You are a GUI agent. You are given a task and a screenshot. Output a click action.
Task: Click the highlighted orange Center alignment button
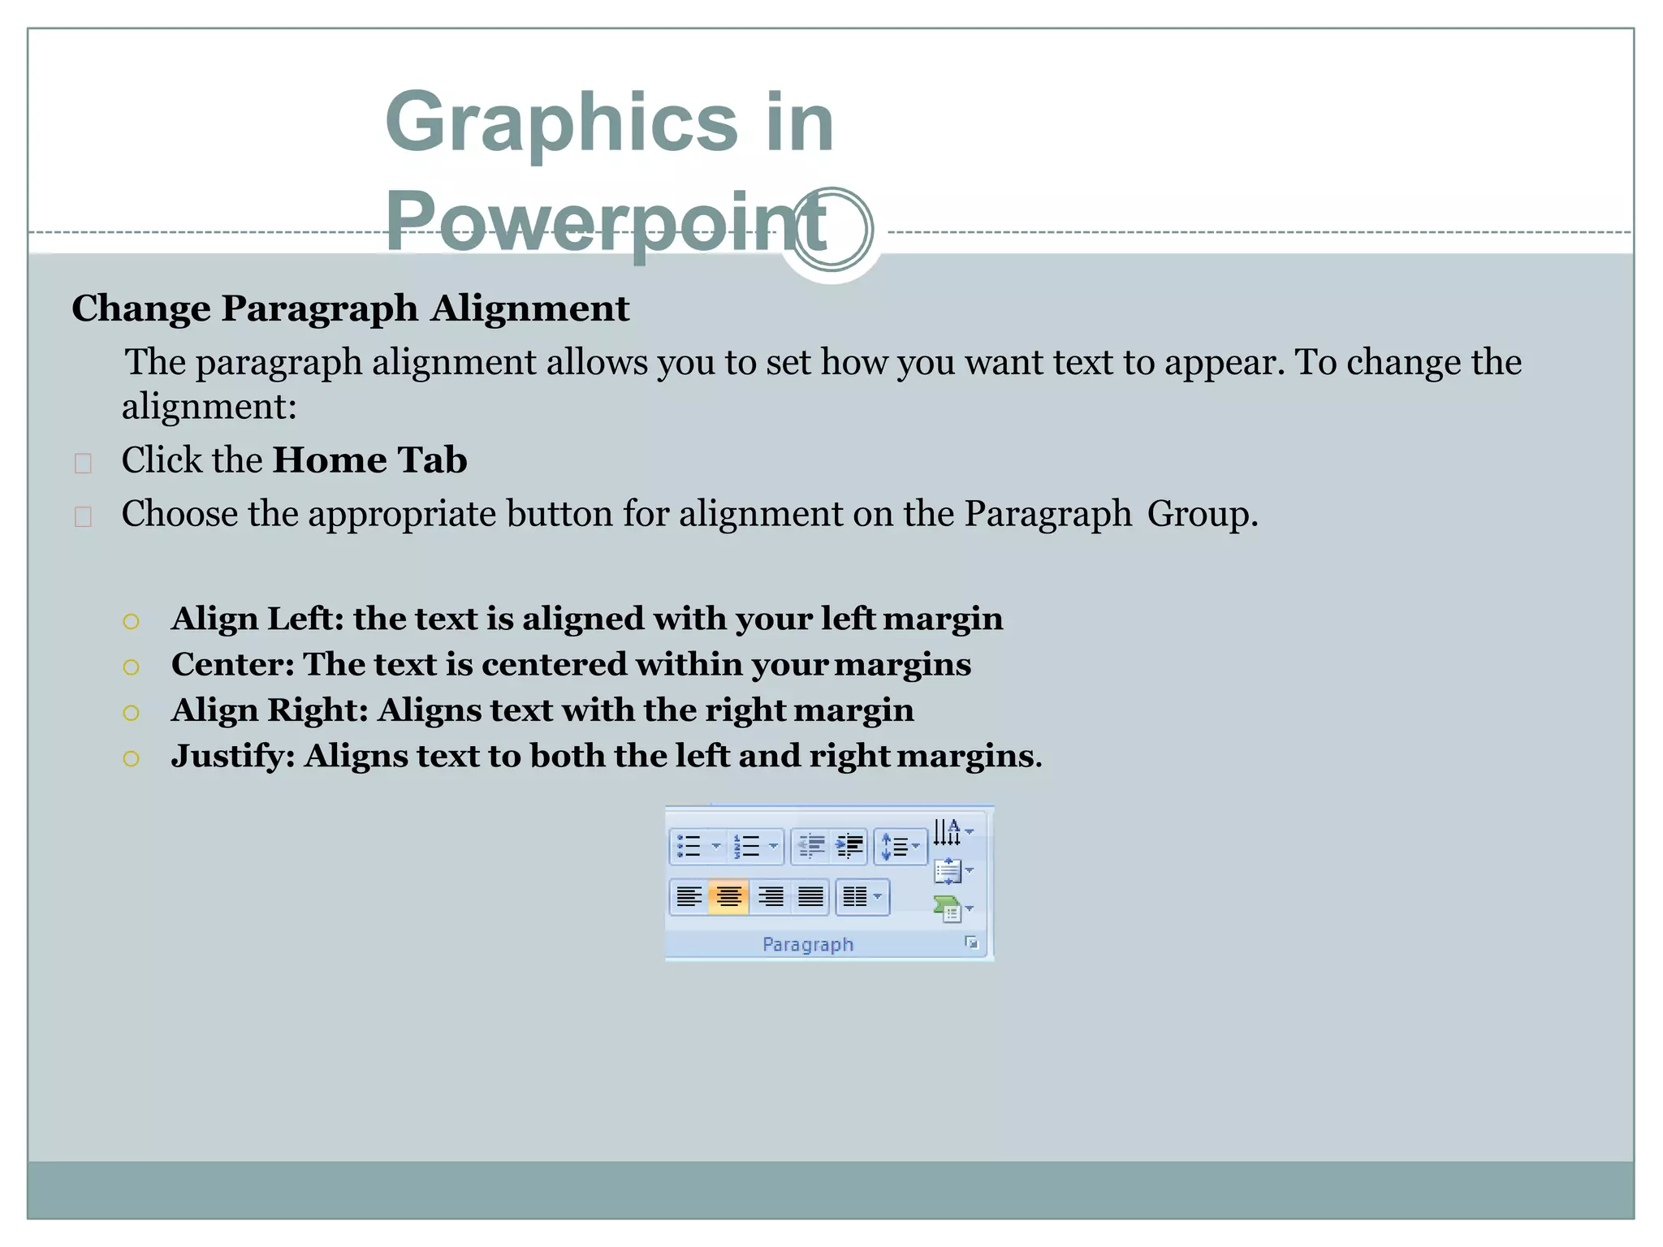[x=728, y=897]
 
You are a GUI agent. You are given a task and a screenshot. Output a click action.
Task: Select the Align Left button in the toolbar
[x=689, y=897]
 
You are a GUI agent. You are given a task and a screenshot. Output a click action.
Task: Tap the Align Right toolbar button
[x=770, y=897]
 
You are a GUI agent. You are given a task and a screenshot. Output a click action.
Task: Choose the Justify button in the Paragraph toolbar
[x=810, y=897]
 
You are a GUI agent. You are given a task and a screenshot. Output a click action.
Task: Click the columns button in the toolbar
[x=861, y=897]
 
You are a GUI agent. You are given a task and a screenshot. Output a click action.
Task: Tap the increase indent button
[x=849, y=846]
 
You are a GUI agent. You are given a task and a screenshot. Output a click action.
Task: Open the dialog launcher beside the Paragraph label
[x=971, y=943]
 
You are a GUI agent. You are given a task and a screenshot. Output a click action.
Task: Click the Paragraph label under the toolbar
[x=808, y=944]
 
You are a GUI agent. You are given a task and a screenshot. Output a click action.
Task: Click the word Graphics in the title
[x=560, y=122]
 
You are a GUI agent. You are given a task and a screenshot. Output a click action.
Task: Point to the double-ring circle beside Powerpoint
[x=832, y=229]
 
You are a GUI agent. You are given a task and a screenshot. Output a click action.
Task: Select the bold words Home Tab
[x=369, y=460]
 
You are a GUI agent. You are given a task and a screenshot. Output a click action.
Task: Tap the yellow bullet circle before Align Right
[x=132, y=713]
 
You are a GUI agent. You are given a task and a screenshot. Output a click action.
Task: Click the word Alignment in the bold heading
[x=530, y=309]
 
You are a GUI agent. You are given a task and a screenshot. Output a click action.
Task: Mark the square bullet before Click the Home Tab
[x=83, y=463]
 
